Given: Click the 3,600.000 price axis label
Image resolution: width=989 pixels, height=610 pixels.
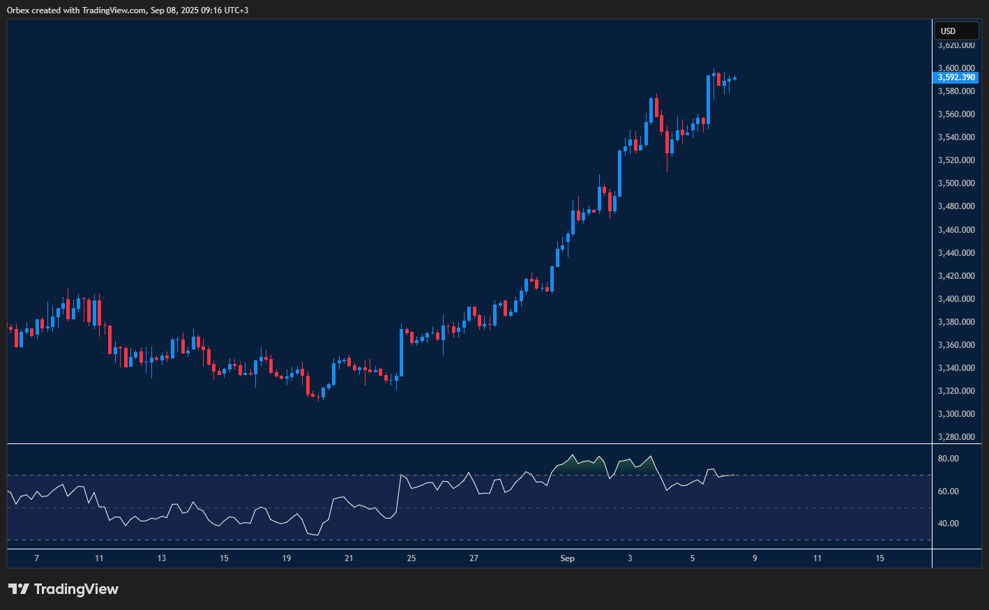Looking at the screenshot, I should point(956,68).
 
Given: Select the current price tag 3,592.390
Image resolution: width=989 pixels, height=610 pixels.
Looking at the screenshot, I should point(956,77).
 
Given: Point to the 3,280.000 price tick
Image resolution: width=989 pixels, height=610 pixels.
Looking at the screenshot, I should point(956,437).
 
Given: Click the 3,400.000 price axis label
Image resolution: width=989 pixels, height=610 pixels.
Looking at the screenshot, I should point(956,299).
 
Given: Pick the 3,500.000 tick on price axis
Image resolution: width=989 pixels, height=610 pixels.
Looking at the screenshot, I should point(956,183).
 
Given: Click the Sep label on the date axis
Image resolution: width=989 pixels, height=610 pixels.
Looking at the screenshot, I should point(568,558).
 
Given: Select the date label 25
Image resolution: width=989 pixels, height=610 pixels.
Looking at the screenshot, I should point(412,558).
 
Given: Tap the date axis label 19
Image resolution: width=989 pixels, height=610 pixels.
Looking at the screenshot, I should point(287,558).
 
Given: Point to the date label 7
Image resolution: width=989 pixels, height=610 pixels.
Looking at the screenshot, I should point(37,558).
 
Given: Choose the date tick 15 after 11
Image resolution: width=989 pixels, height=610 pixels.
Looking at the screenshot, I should point(880,558).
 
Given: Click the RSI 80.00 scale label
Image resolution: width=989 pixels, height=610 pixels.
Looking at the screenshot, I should point(949,459).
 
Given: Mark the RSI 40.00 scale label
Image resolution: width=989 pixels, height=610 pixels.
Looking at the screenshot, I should point(949,524).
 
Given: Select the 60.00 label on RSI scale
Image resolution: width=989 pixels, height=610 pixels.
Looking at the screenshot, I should point(949,491).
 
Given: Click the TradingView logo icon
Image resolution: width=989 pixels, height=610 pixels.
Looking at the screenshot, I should point(19,589).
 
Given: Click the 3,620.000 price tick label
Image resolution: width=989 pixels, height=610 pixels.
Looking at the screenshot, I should point(956,45).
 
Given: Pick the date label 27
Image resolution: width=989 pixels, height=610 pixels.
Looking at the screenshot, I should point(474,558).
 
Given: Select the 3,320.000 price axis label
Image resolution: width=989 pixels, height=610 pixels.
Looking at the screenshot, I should point(956,391).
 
